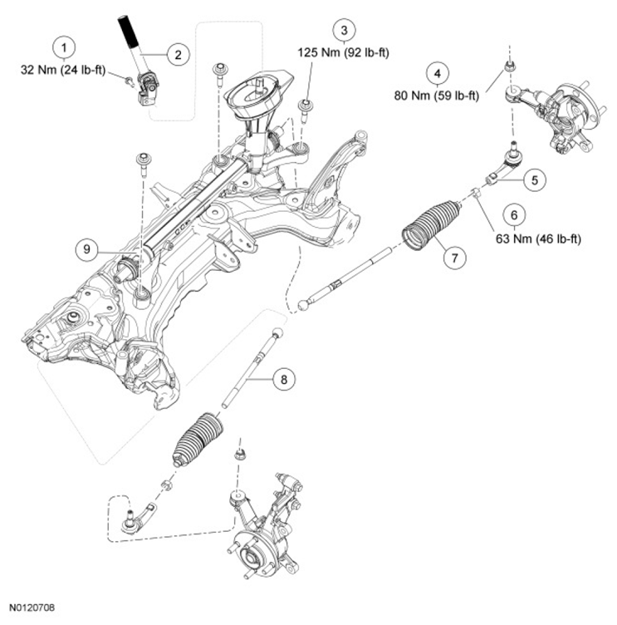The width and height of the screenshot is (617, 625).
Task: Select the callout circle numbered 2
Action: point(177,55)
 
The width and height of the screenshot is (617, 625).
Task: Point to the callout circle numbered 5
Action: point(533,177)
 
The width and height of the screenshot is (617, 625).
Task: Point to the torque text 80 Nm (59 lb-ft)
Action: point(438,95)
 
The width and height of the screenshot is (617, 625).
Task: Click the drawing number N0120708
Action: point(34,609)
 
